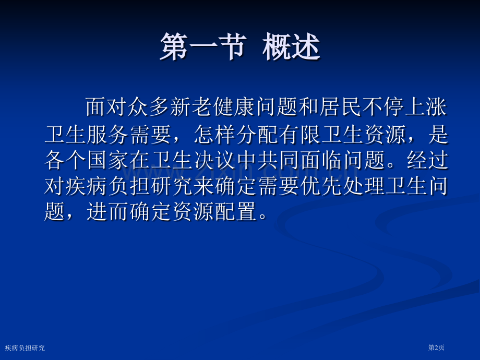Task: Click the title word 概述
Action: click(291, 47)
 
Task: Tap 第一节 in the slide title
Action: click(203, 47)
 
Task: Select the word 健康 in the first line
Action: click(234, 107)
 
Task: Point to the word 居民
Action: click(340, 107)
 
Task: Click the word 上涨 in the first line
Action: click(426, 107)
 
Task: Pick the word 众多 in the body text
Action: click(149, 107)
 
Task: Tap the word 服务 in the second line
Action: click(108, 135)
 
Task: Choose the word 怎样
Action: click(215, 135)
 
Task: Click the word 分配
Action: click(257, 135)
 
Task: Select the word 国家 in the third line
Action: click(108, 160)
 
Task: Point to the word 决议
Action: click(215, 160)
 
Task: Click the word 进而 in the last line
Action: click(108, 211)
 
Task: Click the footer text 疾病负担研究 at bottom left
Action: click(25, 348)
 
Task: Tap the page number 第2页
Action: click(436, 347)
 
